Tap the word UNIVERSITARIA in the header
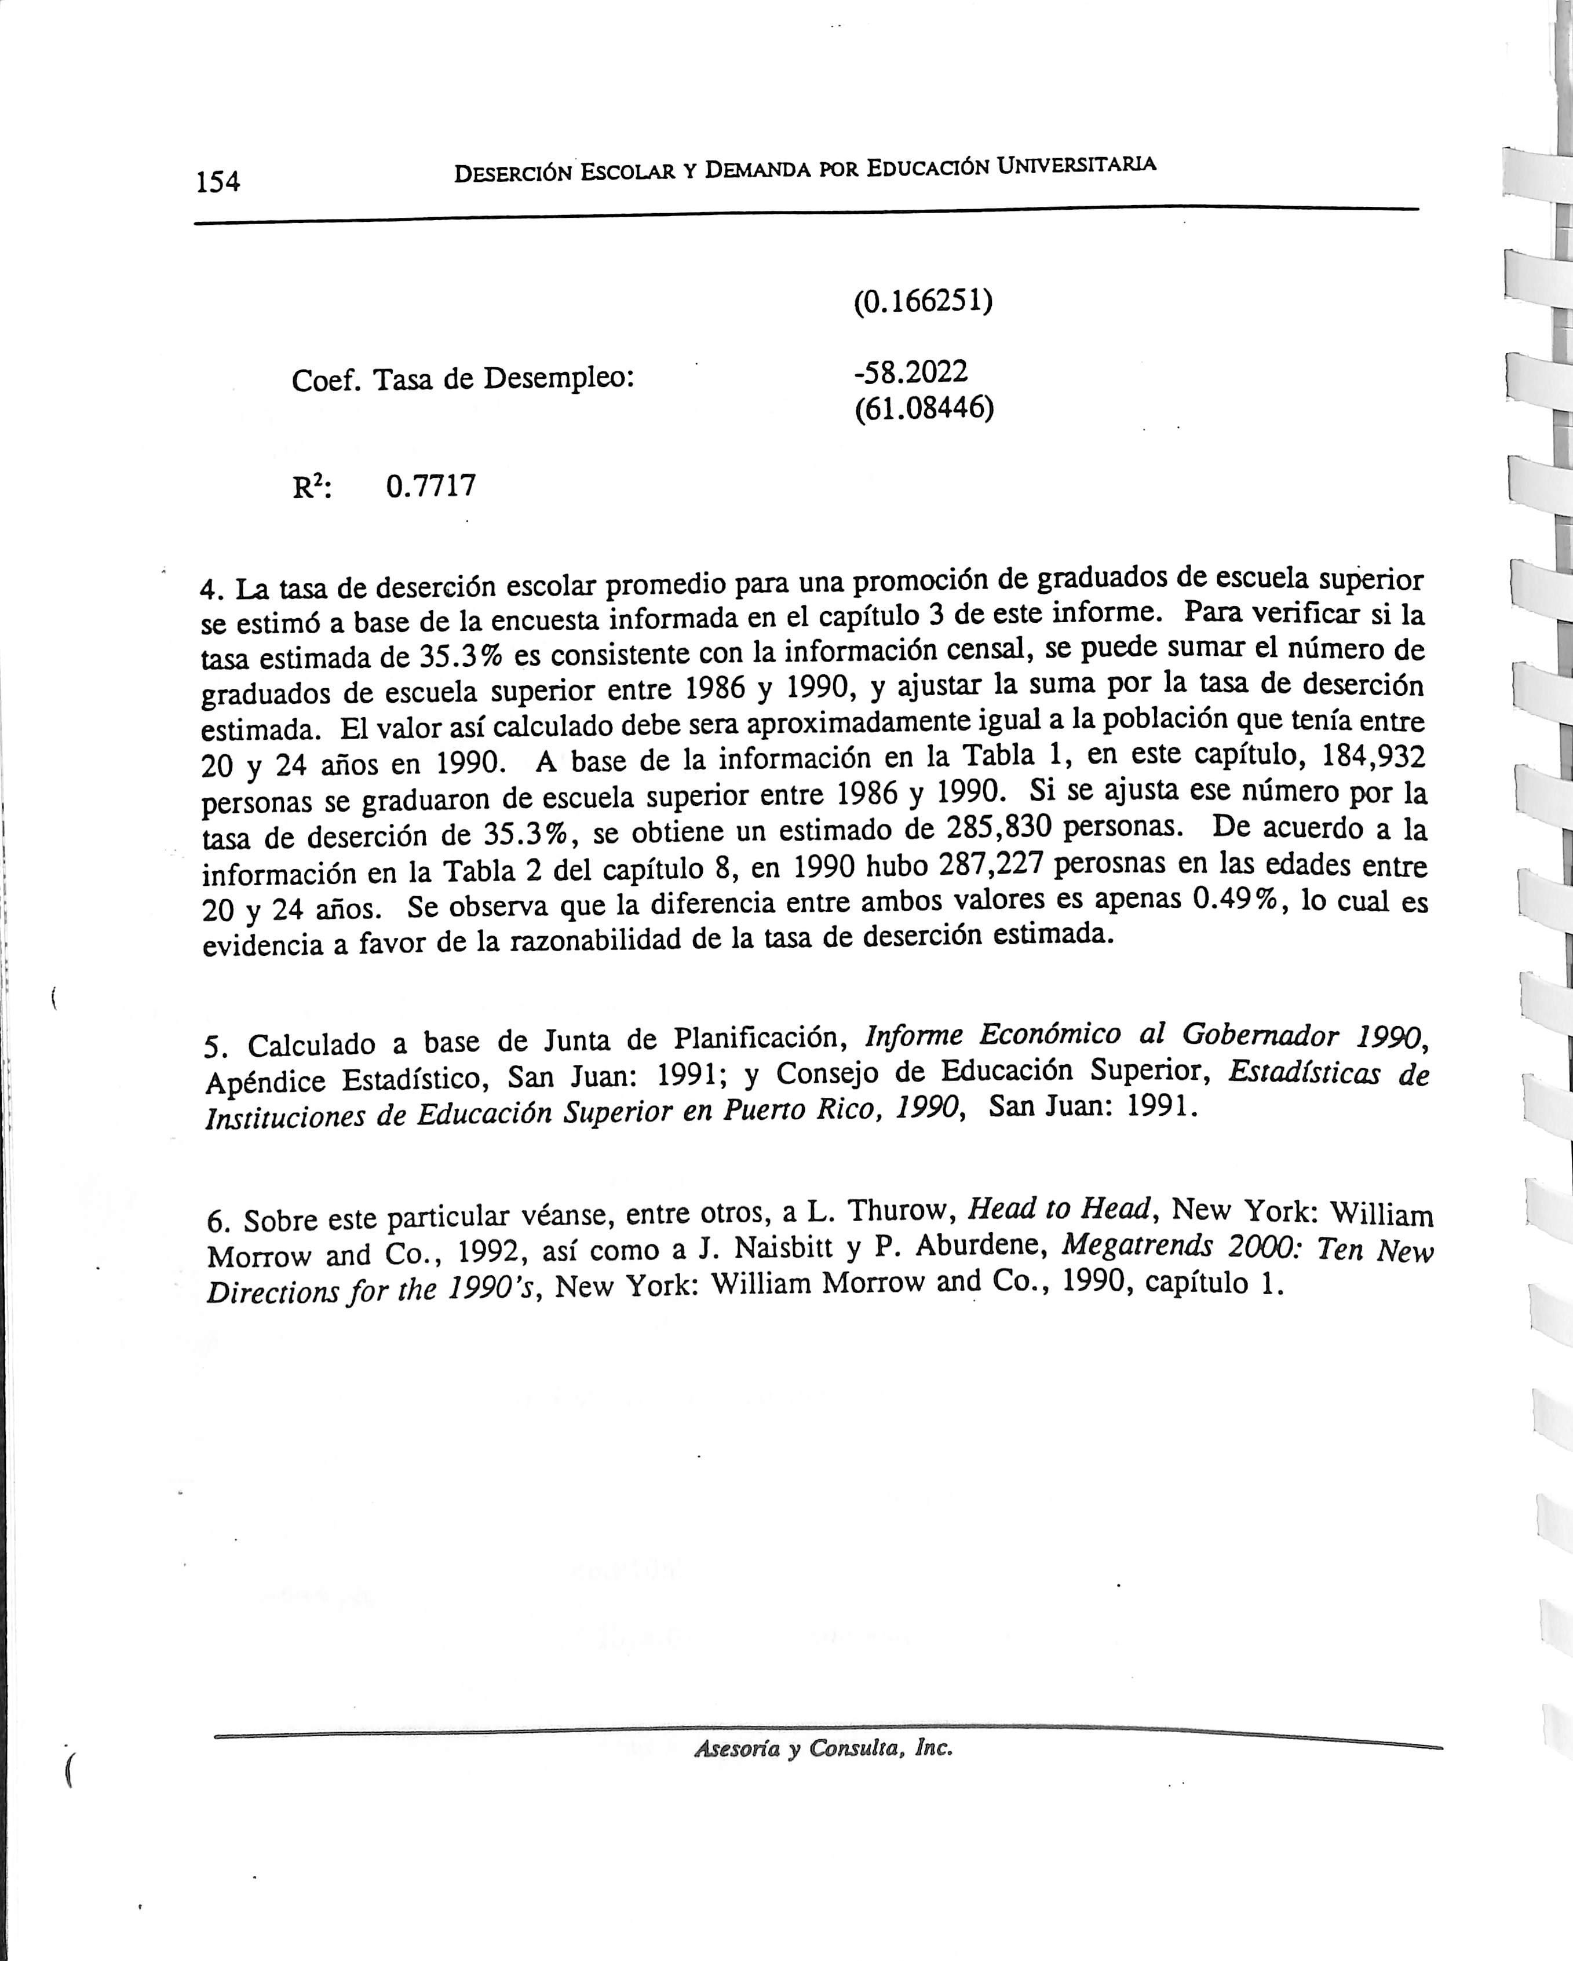pos(1076,166)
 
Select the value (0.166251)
pos(922,301)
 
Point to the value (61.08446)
pos(924,408)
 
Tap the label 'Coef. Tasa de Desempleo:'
pos(462,378)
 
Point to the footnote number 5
pos(212,1048)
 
